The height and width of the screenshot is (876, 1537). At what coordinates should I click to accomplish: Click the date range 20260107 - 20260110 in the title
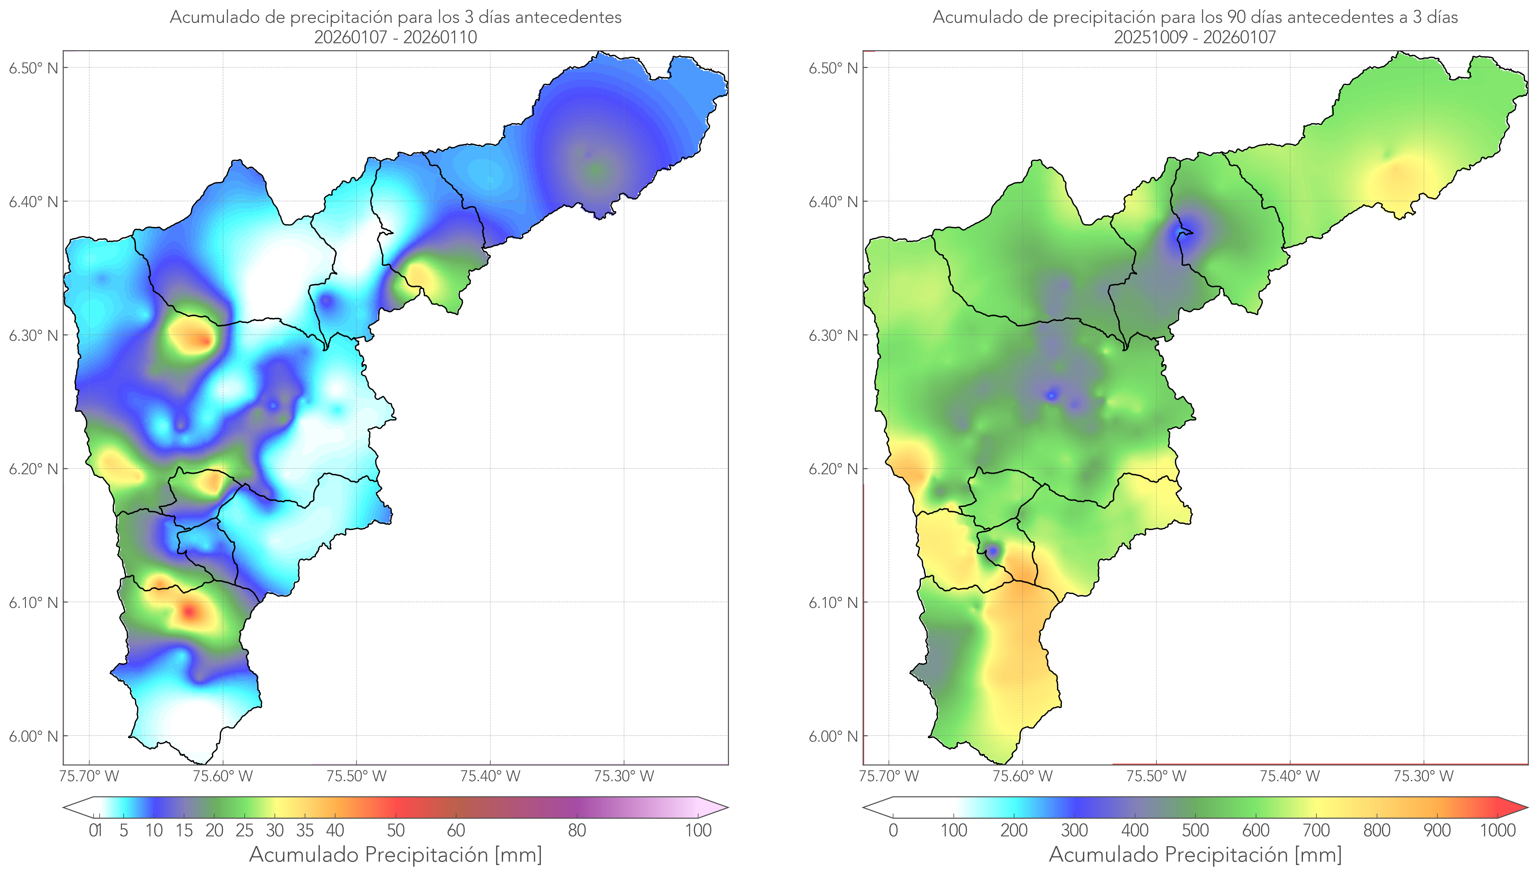pyautogui.click(x=396, y=37)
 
